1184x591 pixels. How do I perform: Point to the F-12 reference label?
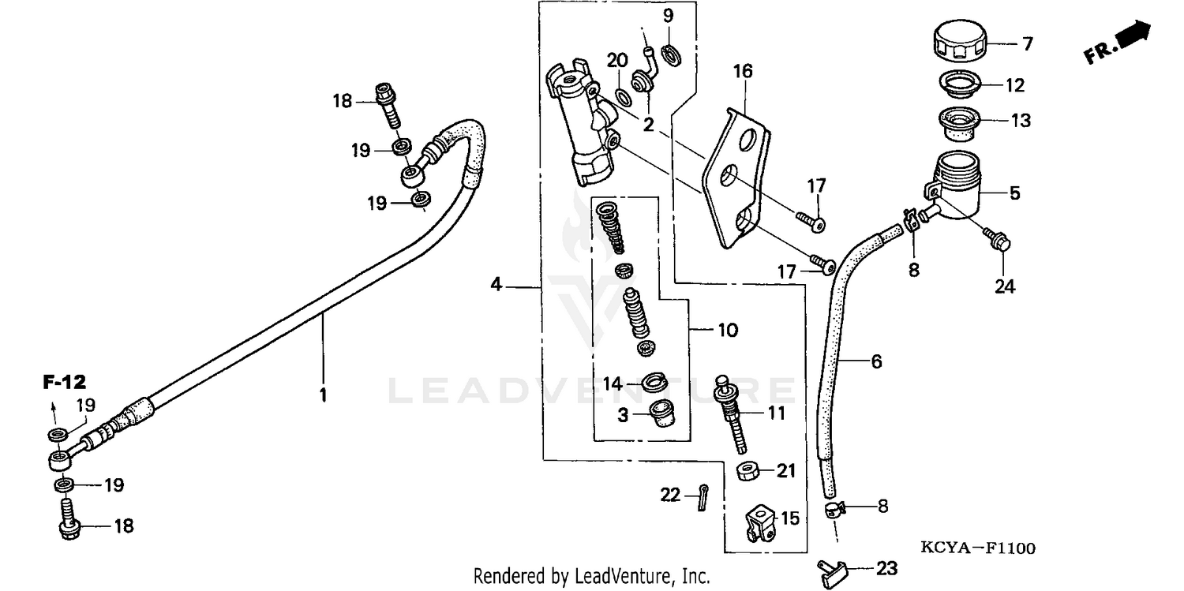63,383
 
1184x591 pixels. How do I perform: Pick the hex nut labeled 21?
747,472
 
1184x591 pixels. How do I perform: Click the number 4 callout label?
496,284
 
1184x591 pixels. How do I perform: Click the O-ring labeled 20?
623,98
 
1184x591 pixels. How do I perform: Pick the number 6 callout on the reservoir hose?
876,361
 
